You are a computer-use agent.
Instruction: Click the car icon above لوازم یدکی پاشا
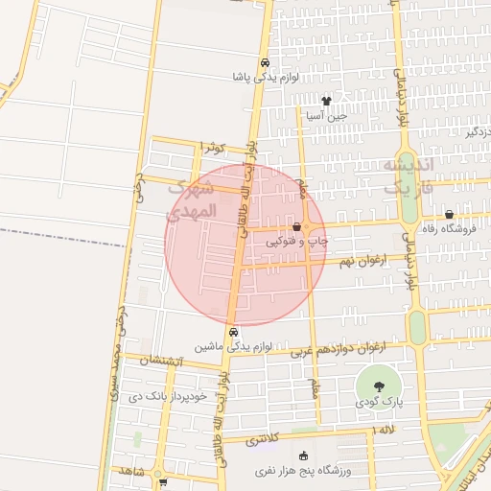[266, 62]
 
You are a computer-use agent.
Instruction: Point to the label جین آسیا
[324, 115]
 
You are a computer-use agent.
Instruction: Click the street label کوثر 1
[211, 147]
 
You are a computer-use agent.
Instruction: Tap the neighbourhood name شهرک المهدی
[193, 199]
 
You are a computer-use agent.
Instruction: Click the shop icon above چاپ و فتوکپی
[296, 227]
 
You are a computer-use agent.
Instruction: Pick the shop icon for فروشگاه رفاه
[449, 215]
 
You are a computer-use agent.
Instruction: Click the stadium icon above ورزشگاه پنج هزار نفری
[304, 456]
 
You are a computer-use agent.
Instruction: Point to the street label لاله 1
[386, 432]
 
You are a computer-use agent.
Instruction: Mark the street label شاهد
[126, 471]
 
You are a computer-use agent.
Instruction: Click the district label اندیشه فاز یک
[409, 176]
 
